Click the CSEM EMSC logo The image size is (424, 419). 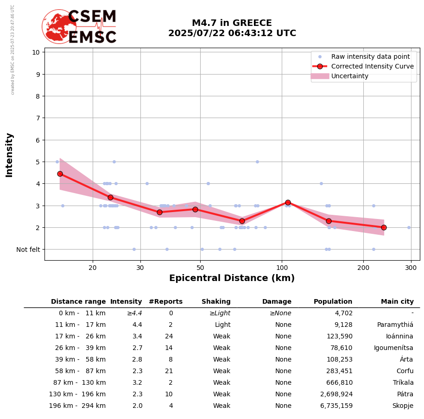79,27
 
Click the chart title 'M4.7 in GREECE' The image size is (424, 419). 232,23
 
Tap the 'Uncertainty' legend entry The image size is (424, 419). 349,76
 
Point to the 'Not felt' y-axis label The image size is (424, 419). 28,250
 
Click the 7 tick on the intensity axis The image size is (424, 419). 36,118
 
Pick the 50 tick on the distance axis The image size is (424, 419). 200,267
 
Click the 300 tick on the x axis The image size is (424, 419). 411,267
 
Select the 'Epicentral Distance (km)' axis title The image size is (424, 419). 232,278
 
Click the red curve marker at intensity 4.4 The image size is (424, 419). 60,174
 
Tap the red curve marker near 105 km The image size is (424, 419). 288,202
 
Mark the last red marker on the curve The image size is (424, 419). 384,227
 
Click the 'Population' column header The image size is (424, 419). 333,302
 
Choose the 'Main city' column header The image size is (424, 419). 397,302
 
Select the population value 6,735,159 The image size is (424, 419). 336,406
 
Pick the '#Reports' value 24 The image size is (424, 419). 169,337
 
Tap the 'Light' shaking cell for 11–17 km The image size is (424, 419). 222,325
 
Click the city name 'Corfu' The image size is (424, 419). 405,371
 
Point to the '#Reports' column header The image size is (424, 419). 165,302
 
